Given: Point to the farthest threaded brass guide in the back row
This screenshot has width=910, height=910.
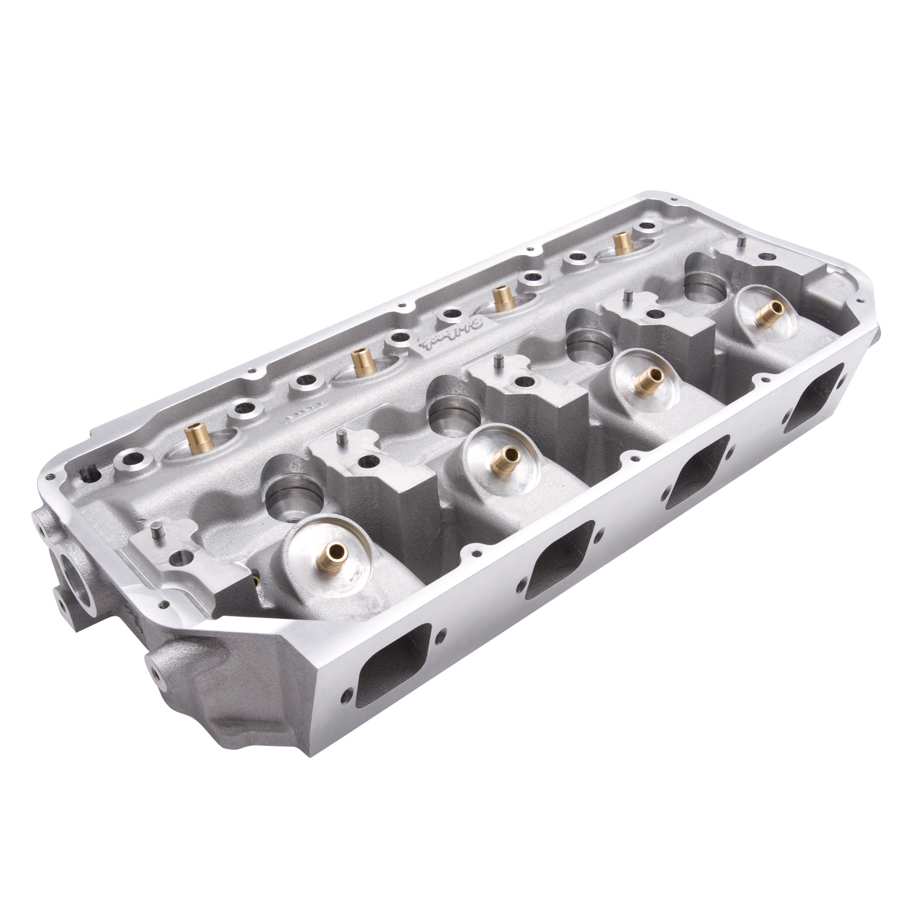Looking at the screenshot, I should click(621, 243).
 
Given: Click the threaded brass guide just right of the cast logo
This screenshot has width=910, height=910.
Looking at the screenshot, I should click(501, 298).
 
